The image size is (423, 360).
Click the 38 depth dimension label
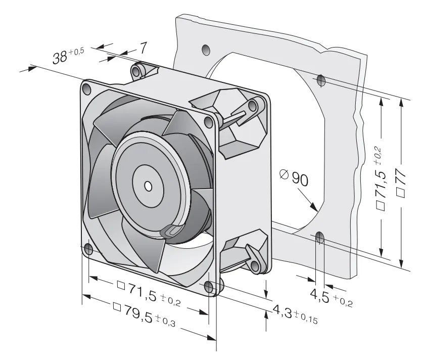click(68, 55)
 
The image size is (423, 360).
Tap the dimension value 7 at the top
click(143, 48)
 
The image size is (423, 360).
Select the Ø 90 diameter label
click(294, 177)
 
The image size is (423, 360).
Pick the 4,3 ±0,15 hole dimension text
click(295, 313)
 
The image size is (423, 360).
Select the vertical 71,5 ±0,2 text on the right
click(380, 178)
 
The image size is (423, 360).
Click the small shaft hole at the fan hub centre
click(148, 186)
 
